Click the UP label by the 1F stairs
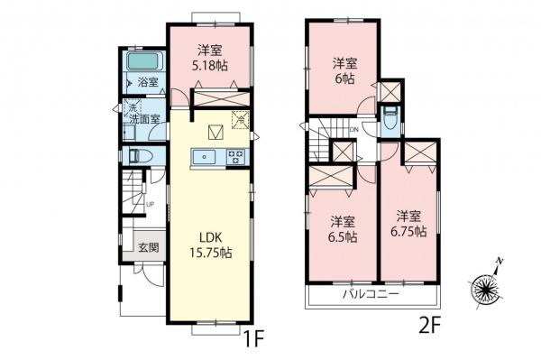tap(150, 203)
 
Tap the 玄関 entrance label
tap(148, 245)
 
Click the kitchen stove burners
tap(237, 157)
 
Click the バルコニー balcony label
tap(370, 295)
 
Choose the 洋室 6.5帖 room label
tap(342, 229)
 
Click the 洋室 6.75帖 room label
tap(408, 224)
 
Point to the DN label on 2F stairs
tap(355, 129)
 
